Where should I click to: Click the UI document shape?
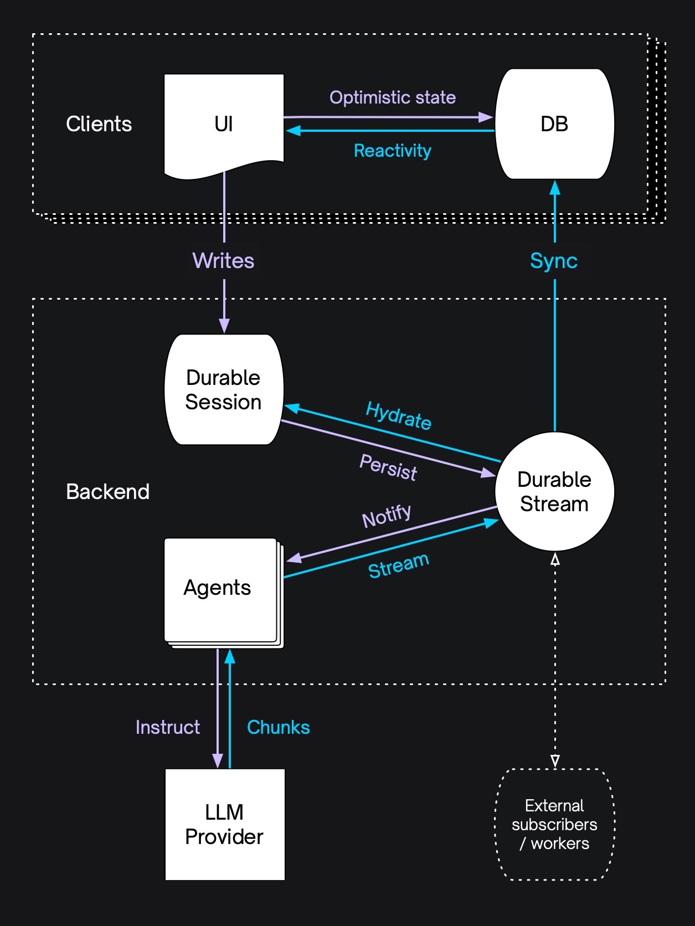[224, 124]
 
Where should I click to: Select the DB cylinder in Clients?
[554, 124]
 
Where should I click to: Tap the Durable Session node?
[224, 389]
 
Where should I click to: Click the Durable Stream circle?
[554, 492]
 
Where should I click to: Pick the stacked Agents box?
[220, 589]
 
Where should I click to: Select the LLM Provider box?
[225, 824]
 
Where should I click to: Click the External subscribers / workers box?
[554, 824]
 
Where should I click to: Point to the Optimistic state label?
[393, 97]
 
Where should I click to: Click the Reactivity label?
[393, 151]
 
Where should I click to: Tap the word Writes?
[223, 261]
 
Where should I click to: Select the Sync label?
[554, 261]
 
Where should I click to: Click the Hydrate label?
[399, 415]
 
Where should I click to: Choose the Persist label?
[388, 467]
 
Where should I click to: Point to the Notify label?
[387, 516]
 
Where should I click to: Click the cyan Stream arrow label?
[399, 565]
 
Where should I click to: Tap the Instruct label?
[168, 727]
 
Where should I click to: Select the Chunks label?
[278, 727]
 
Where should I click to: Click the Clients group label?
[99, 124]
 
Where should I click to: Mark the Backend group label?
[108, 492]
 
